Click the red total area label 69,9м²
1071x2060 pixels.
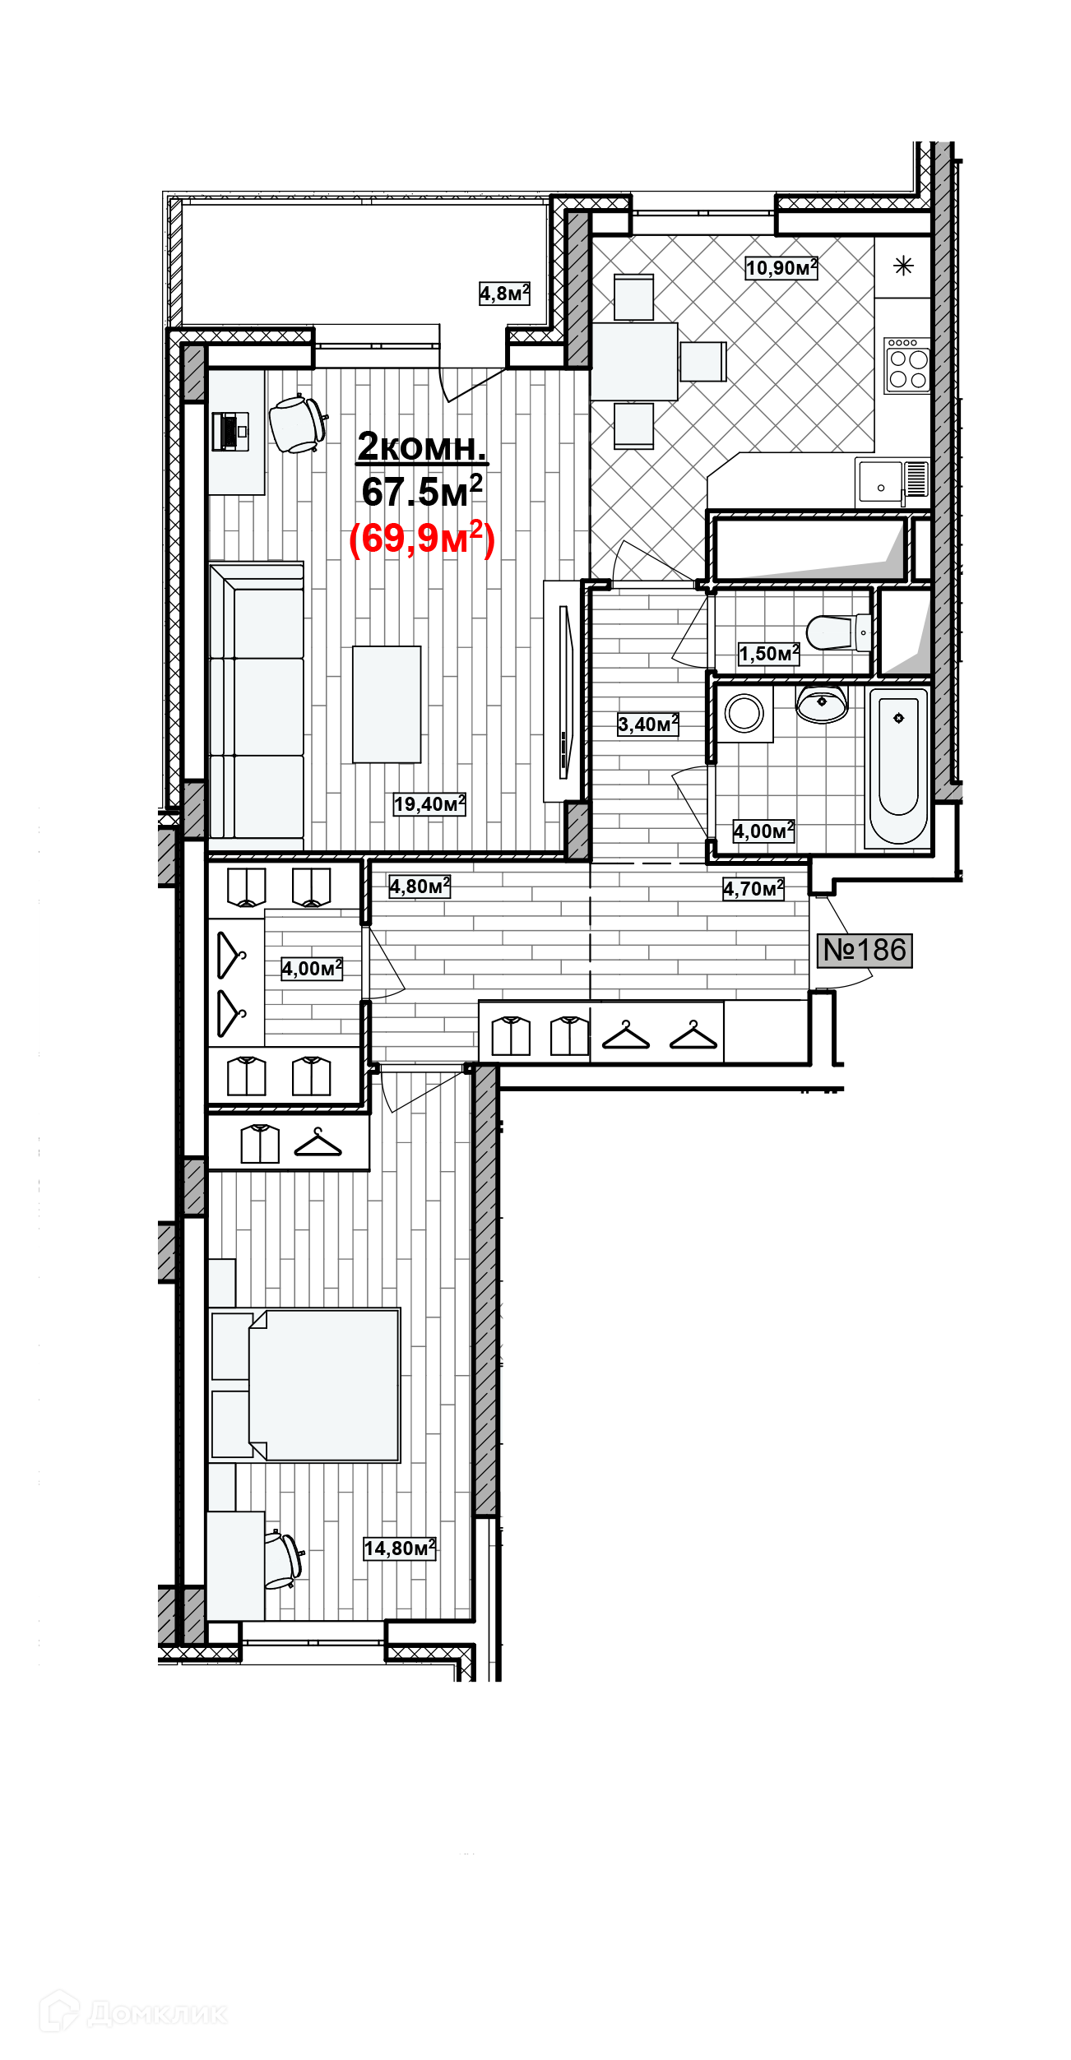pyautogui.click(x=421, y=539)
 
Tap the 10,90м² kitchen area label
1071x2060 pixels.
pyautogui.click(x=781, y=268)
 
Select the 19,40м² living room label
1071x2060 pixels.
pyautogui.click(x=429, y=804)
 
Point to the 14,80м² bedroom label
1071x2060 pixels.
pyautogui.click(x=399, y=1548)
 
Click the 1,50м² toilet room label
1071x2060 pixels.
pyautogui.click(x=768, y=654)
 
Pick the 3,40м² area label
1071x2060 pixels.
pyautogui.click(x=647, y=724)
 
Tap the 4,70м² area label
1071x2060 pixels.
pyautogui.click(x=753, y=889)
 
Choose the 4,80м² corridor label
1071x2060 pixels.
pyautogui.click(x=420, y=886)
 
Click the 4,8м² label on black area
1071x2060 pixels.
pyautogui.click(x=503, y=294)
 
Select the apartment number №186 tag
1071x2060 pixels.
pyautogui.click(x=864, y=951)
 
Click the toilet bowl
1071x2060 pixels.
pyautogui.click(x=837, y=632)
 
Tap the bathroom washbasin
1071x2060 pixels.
pyautogui.click(x=821, y=703)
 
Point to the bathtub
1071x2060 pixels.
pyautogui.click(x=898, y=766)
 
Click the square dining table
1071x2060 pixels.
pyautogui.click(x=633, y=362)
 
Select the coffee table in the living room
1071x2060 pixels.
pyautogui.click(x=386, y=705)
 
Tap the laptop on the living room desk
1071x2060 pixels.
pyautogui.click(x=229, y=431)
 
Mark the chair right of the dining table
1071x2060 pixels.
pyautogui.click(x=702, y=362)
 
